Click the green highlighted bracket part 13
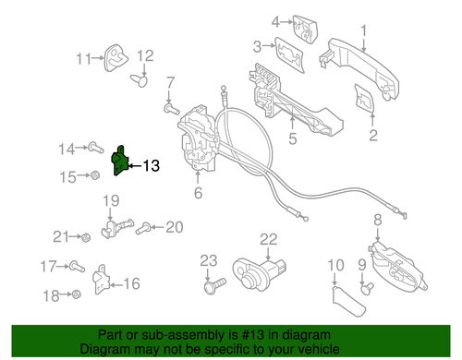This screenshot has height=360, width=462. click(119, 162)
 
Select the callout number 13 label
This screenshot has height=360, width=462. click(152, 166)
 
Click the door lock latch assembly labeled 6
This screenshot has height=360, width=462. click(197, 138)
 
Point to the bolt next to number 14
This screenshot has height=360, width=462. click(95, 148)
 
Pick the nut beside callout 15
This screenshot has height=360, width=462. click(94, 175)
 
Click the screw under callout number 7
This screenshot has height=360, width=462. click(171, 109)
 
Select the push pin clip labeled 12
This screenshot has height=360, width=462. click(140, 80)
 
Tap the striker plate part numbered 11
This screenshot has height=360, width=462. click(115, 58)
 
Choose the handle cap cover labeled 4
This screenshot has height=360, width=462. click(305, 29)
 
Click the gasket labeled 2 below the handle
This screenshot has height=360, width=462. click(364, 99)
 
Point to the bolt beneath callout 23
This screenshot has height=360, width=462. click(214, 285)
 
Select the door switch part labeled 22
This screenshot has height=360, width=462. click(259, 273)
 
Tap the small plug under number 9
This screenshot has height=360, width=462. click(367, 289)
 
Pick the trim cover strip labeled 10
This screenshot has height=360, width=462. click(348, 302)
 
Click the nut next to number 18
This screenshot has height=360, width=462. click(76, 294)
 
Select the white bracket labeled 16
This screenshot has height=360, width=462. click(101, 280)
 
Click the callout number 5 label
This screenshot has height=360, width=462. click(292, 138)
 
